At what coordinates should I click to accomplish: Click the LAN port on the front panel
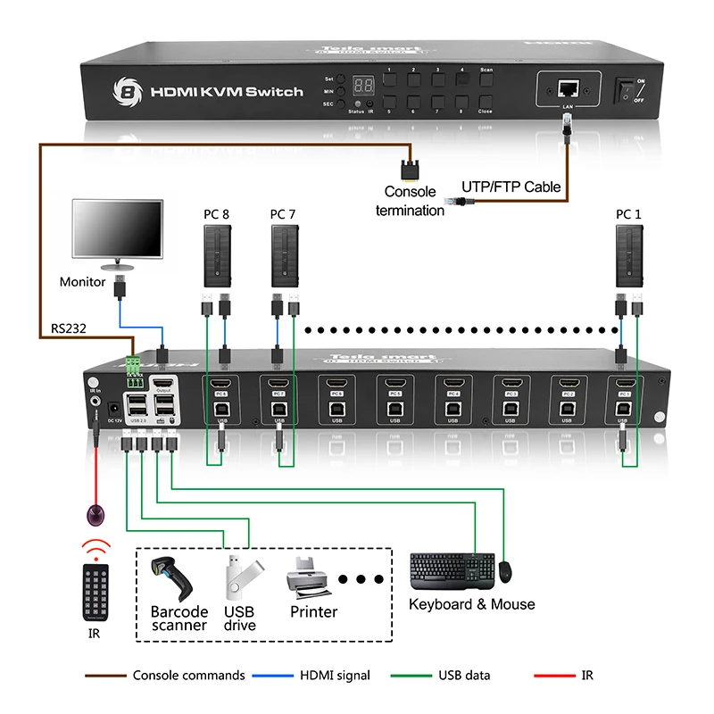567,88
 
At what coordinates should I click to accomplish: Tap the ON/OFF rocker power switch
627,89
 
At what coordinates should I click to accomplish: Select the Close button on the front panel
486,101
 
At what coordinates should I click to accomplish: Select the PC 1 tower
628,253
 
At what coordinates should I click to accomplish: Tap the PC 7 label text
283,213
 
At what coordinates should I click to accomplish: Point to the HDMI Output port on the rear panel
163,386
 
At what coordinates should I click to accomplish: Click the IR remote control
93,592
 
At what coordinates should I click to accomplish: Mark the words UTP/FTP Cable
511,187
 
